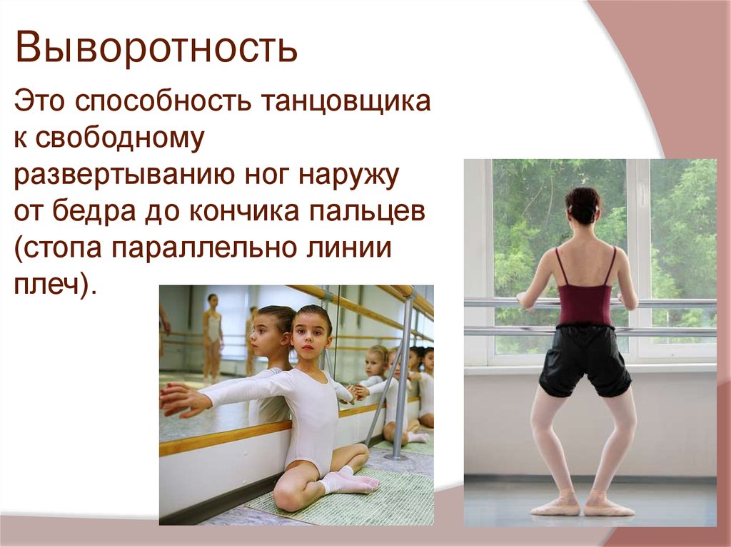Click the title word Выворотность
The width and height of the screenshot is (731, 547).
point(157,48)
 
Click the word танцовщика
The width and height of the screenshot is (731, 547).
point(349,103)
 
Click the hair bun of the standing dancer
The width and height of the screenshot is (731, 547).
point(583,203)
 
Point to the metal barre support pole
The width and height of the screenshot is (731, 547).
point(404,378)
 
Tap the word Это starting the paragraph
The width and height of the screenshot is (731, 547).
point(41,103)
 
